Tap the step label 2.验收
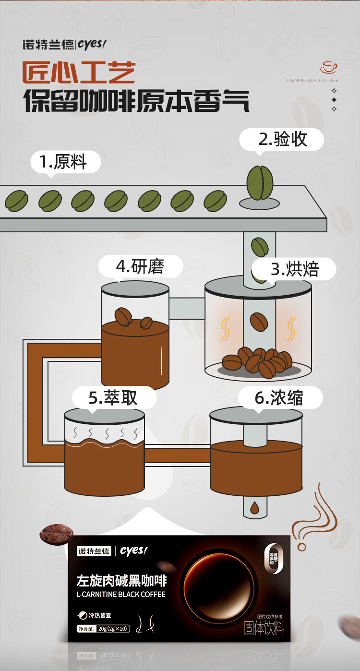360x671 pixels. click(x=282, y=139)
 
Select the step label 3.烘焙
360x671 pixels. click(x=294, y=269)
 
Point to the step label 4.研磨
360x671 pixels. click(x=141, y=266)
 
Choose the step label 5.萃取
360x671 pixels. click(x=113, y=398)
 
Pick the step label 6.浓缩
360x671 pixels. click(x=279, y=398)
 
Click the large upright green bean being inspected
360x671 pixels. click(x=260, y=183)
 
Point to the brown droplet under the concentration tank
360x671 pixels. click(x=253, y=506)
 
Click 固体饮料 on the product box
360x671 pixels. click(x=264, y=628)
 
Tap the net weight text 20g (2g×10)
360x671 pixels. click(x=113, y=629)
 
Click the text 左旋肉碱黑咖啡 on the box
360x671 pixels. click(x=121, y=581)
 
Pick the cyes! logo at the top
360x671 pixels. click(x=91, y=44)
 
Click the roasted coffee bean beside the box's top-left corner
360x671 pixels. click(x=56, y=533)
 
